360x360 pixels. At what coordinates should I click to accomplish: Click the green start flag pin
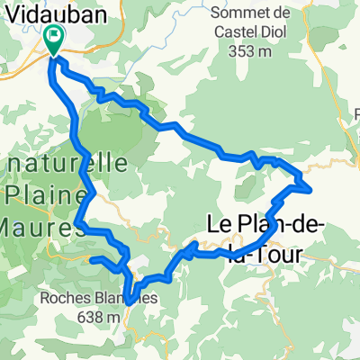(x=53, y=40)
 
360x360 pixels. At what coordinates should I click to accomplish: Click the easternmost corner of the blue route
(x=311, y=189)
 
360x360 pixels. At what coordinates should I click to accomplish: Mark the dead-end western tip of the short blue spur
(x=90, y=258)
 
